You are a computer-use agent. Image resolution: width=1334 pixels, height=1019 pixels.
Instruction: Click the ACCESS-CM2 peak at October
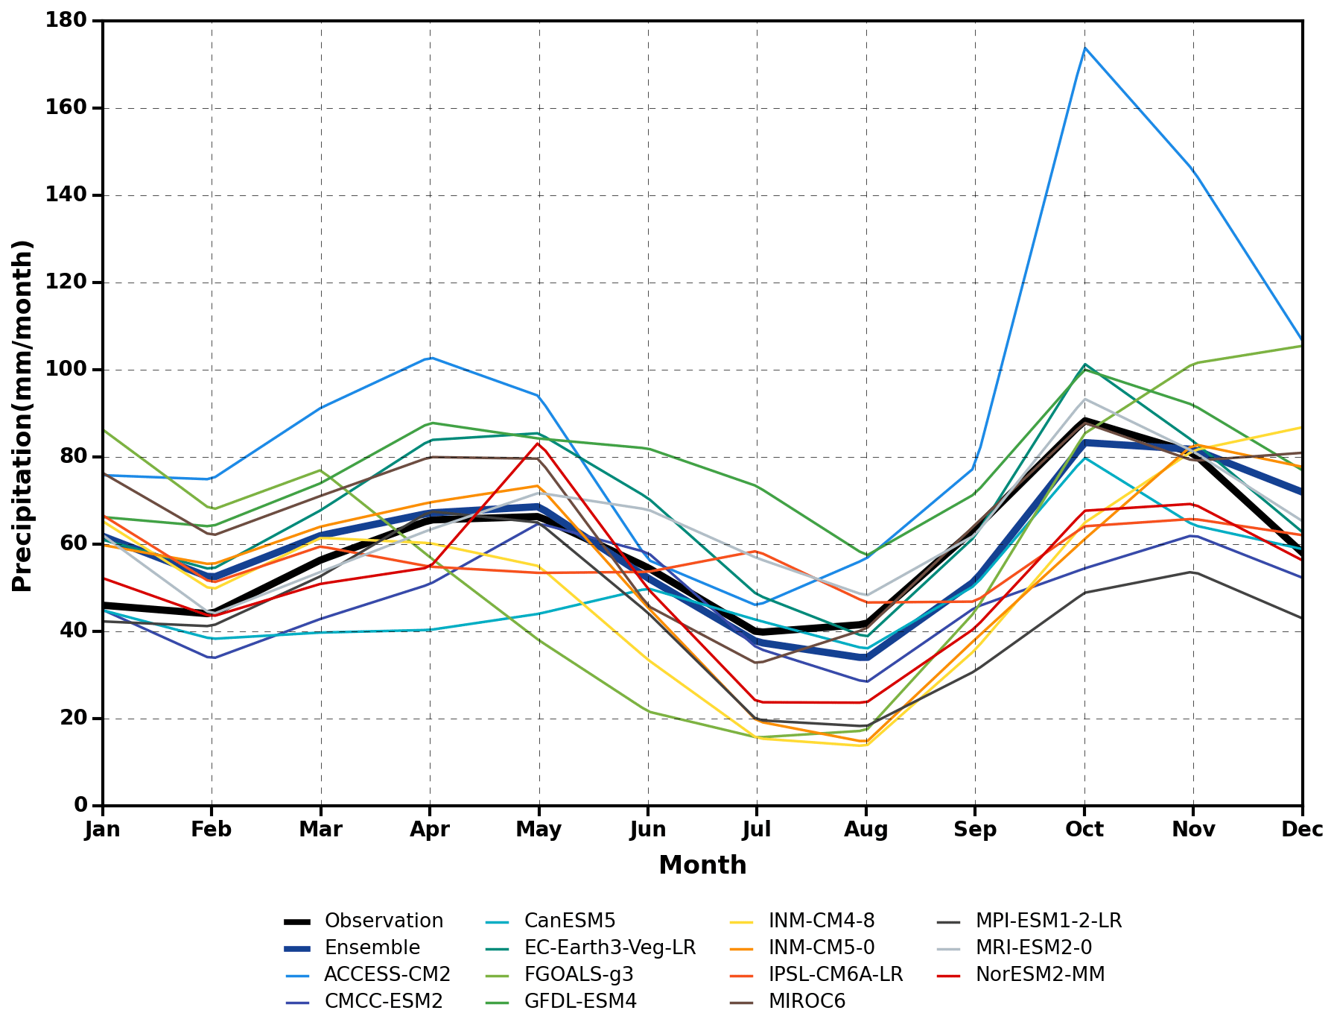click(1084, 48)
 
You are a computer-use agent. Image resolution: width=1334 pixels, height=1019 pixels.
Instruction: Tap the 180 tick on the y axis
click(66, 21)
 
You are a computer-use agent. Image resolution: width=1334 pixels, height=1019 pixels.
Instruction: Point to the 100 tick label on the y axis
click(66, 370)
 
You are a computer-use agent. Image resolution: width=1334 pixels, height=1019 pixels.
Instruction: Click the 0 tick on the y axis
click(80, 806)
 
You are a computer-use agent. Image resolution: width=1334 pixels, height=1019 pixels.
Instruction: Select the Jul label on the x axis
click(757, 830)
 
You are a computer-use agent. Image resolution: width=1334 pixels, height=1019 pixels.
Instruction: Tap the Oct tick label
click(1084, 830)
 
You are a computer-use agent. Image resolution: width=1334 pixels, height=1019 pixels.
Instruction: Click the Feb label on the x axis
click(212, 830)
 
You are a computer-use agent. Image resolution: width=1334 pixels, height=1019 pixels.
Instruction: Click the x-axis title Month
click(702, 865)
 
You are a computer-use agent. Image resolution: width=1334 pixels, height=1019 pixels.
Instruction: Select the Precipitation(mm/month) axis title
click(22, 415)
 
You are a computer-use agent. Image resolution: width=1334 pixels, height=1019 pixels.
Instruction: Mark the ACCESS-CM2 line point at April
click(430, 358)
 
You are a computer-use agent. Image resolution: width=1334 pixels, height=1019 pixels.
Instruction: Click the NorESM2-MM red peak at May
click(539, 444)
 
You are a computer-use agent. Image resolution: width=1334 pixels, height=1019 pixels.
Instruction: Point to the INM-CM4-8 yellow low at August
click(865, 745)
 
